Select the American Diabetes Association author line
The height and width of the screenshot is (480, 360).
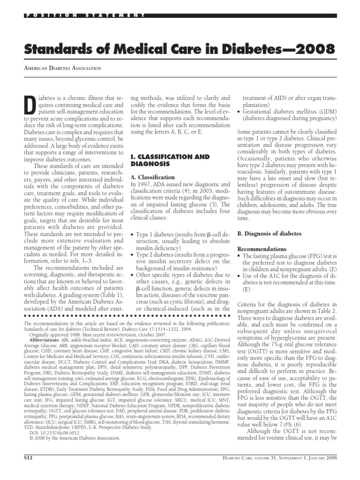point(62,68)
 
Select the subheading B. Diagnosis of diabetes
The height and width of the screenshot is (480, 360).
point(270,233)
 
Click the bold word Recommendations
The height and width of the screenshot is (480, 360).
point(262,249)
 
